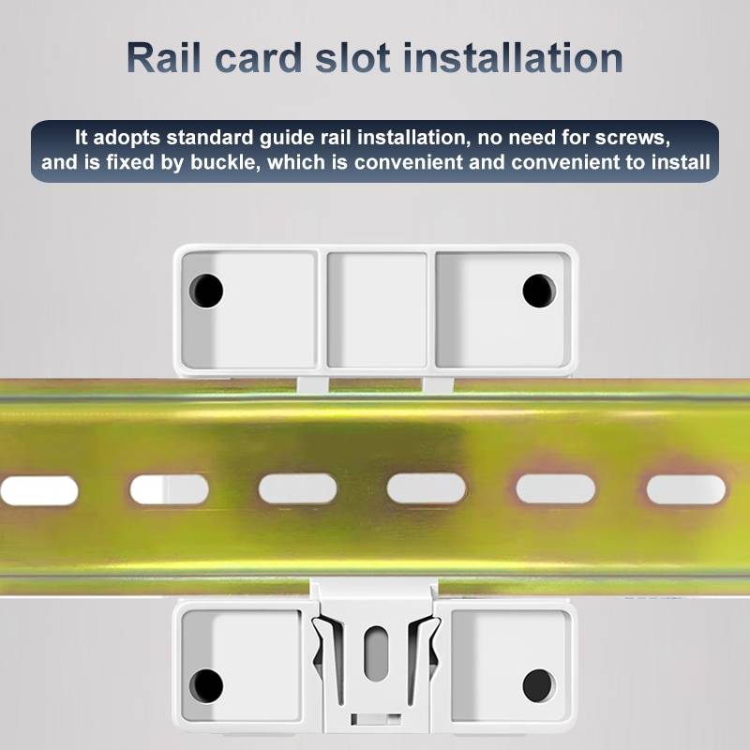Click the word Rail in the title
pyautogui.click(x=164, y=58)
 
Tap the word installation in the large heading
pyautogui.click(x=513, y=58)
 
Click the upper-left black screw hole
pyautogui.click(x=206, y=291)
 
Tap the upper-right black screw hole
pyautogui.click(x=539, y=291)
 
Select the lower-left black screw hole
pyautogui.click(x=206, y=686)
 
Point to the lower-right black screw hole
pyautogui.click(x=539, y=686)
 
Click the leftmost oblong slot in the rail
pyautogui.click(x=38, y=490)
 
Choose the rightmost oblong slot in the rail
pyautogui.click(x=686, y=489)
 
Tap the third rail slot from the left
pyautogui.click(x=297, y=488)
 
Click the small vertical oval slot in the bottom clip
pyautogui.click(x=377, y=652)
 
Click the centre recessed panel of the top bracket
pyautogui.click(x=377, y=310)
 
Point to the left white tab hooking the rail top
pyautogui.click(x=313, y=384)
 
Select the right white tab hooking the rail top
pyautogui.click(x=439, y=384)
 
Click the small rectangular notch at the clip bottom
pyautogui.click(x=376, y=719)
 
